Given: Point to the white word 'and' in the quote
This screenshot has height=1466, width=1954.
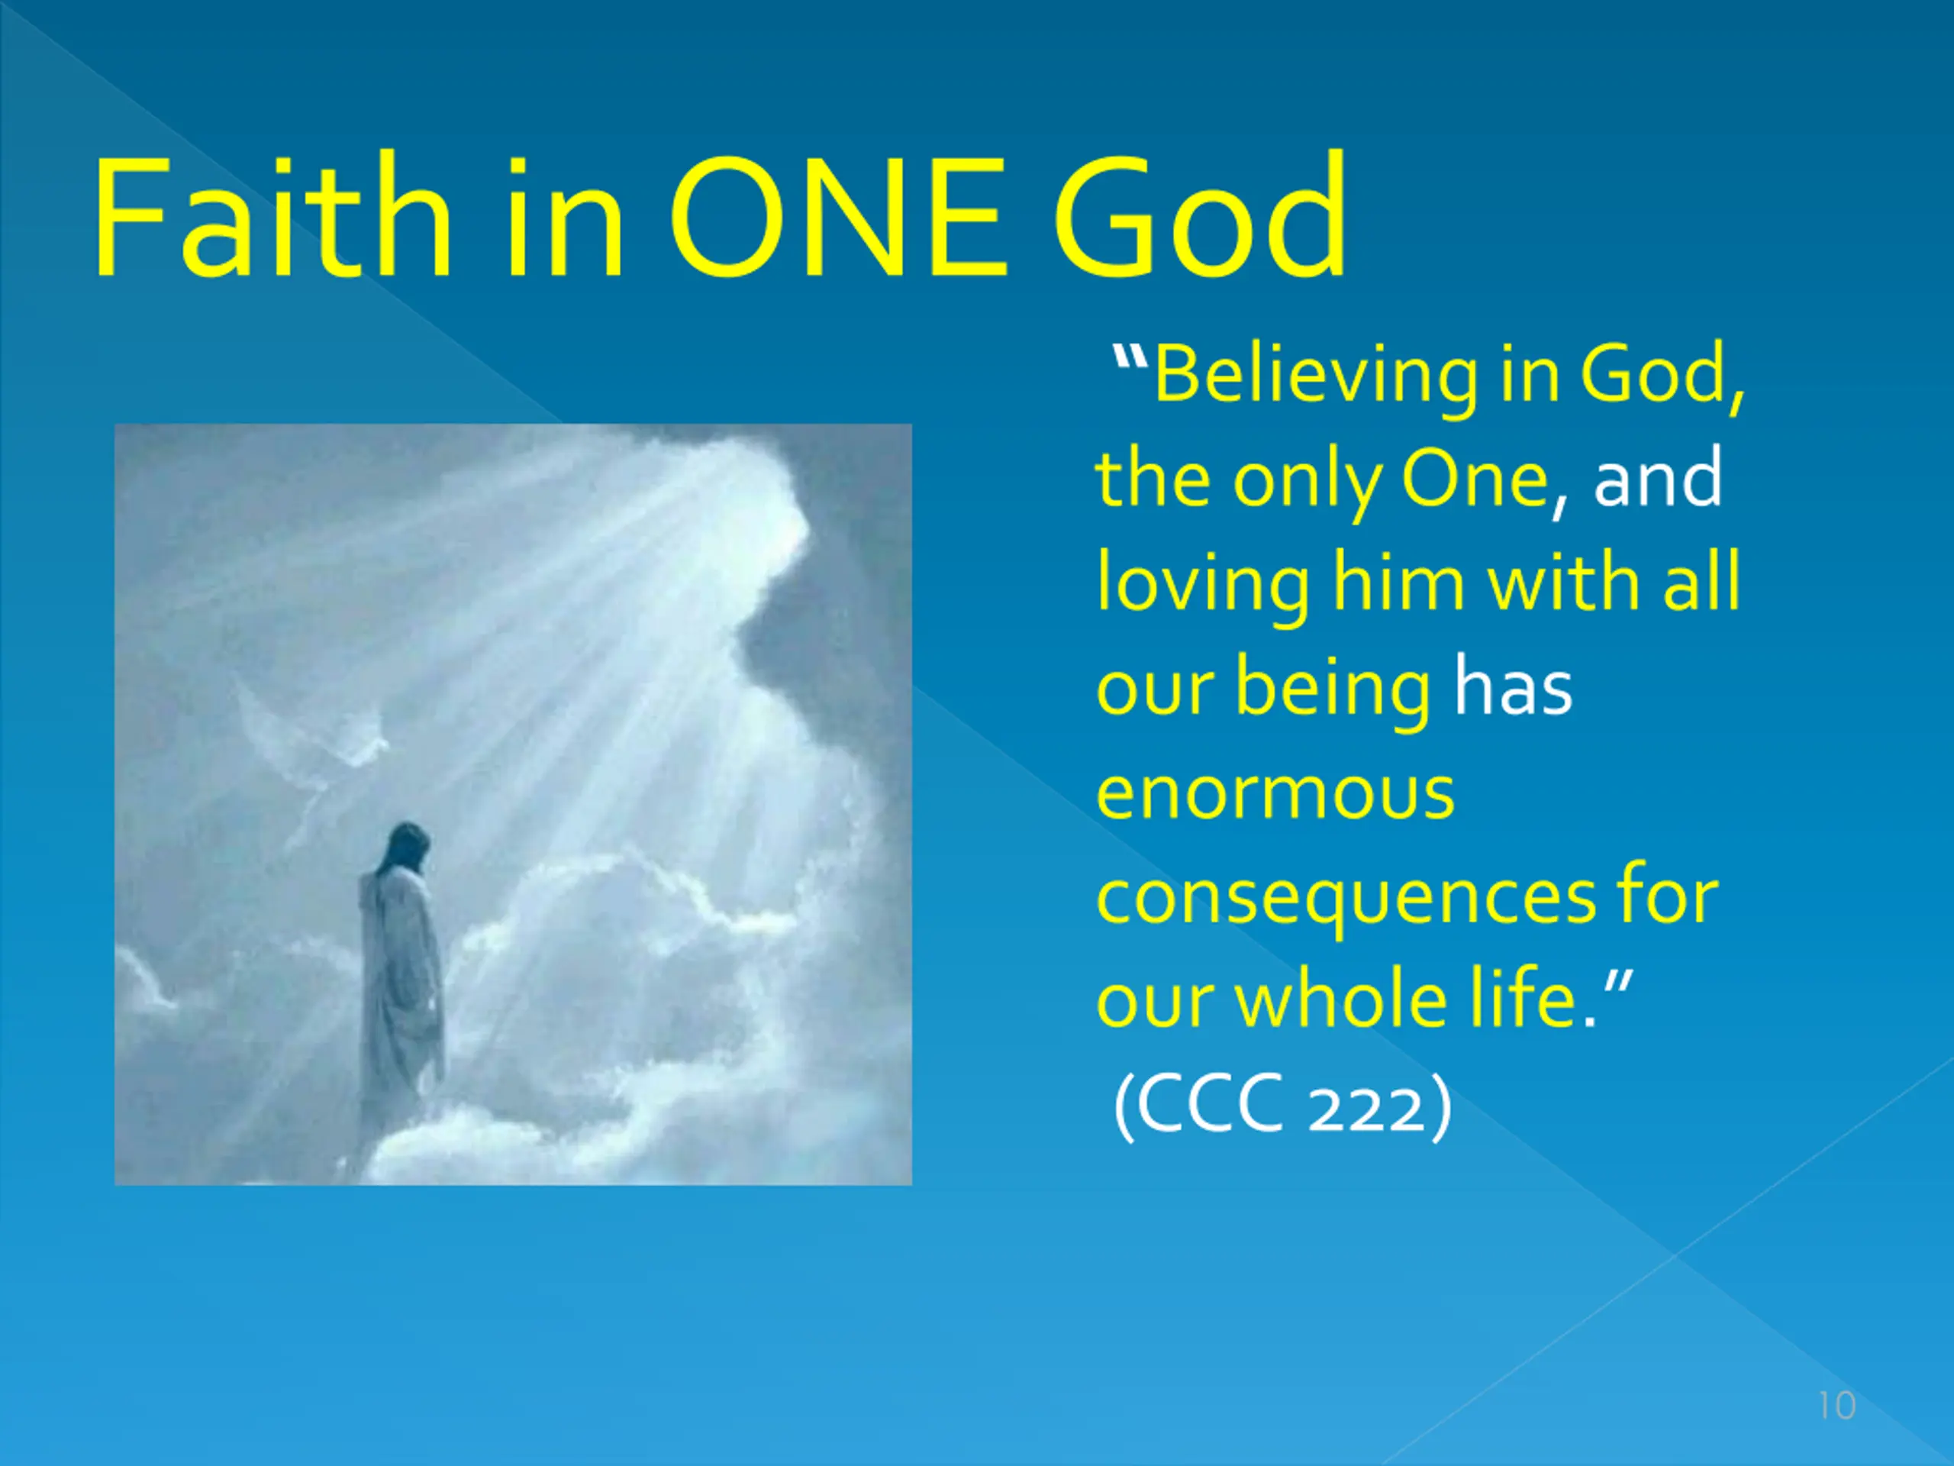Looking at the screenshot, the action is pos(1657,478).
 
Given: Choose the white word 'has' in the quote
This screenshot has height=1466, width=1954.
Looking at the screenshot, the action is pos(1513,686).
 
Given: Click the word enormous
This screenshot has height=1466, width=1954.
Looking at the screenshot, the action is pos(1275,794).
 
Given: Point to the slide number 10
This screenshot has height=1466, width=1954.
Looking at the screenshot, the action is pos(1837,1406).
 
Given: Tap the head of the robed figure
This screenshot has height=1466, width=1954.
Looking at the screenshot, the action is pos(409,848).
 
